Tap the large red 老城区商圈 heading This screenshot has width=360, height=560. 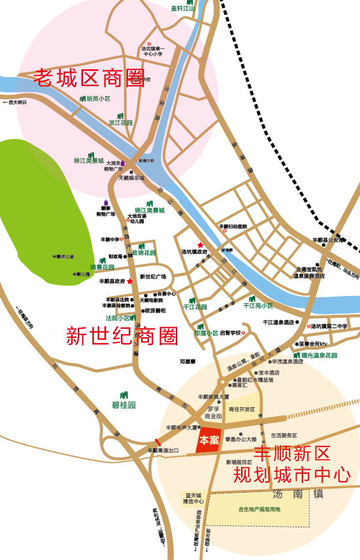pyautogui.click(x=89, y=78)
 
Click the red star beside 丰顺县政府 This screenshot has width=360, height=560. pyautogui.click(x=130, y=281)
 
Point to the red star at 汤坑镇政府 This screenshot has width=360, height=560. pyautogui.click(x=201, y=244)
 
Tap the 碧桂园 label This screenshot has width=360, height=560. pyautogui.click(x=123, y=405)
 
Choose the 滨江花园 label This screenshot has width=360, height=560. pyautogui.click(x=121, y=123)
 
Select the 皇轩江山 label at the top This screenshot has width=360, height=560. pyautogui.click(x=184, y=8)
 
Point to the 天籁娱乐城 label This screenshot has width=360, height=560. pyautogui.click(x=131, y=178)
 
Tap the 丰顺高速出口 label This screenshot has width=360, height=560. pyautogui.click(x=163, y=450)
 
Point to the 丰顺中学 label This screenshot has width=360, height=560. pyautogui.click(x=110, y=240)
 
